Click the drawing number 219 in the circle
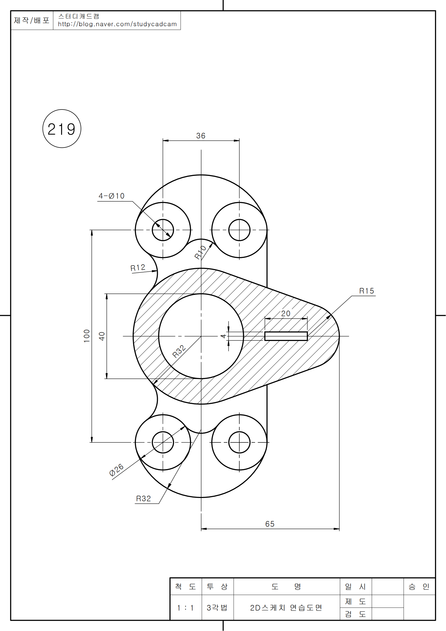click(x=62, y=129)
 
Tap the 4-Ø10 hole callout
click(x=112, y=196)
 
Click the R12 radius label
click(x=138, y=268)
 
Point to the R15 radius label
click(x=367, y=291)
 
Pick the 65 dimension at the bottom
click(x=270, y=524)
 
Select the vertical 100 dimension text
click(x=87, y=336)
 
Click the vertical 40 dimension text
click(x=102, y=336)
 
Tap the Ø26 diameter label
click(x=116, y=470)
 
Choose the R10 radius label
click(x=200, y=252)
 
